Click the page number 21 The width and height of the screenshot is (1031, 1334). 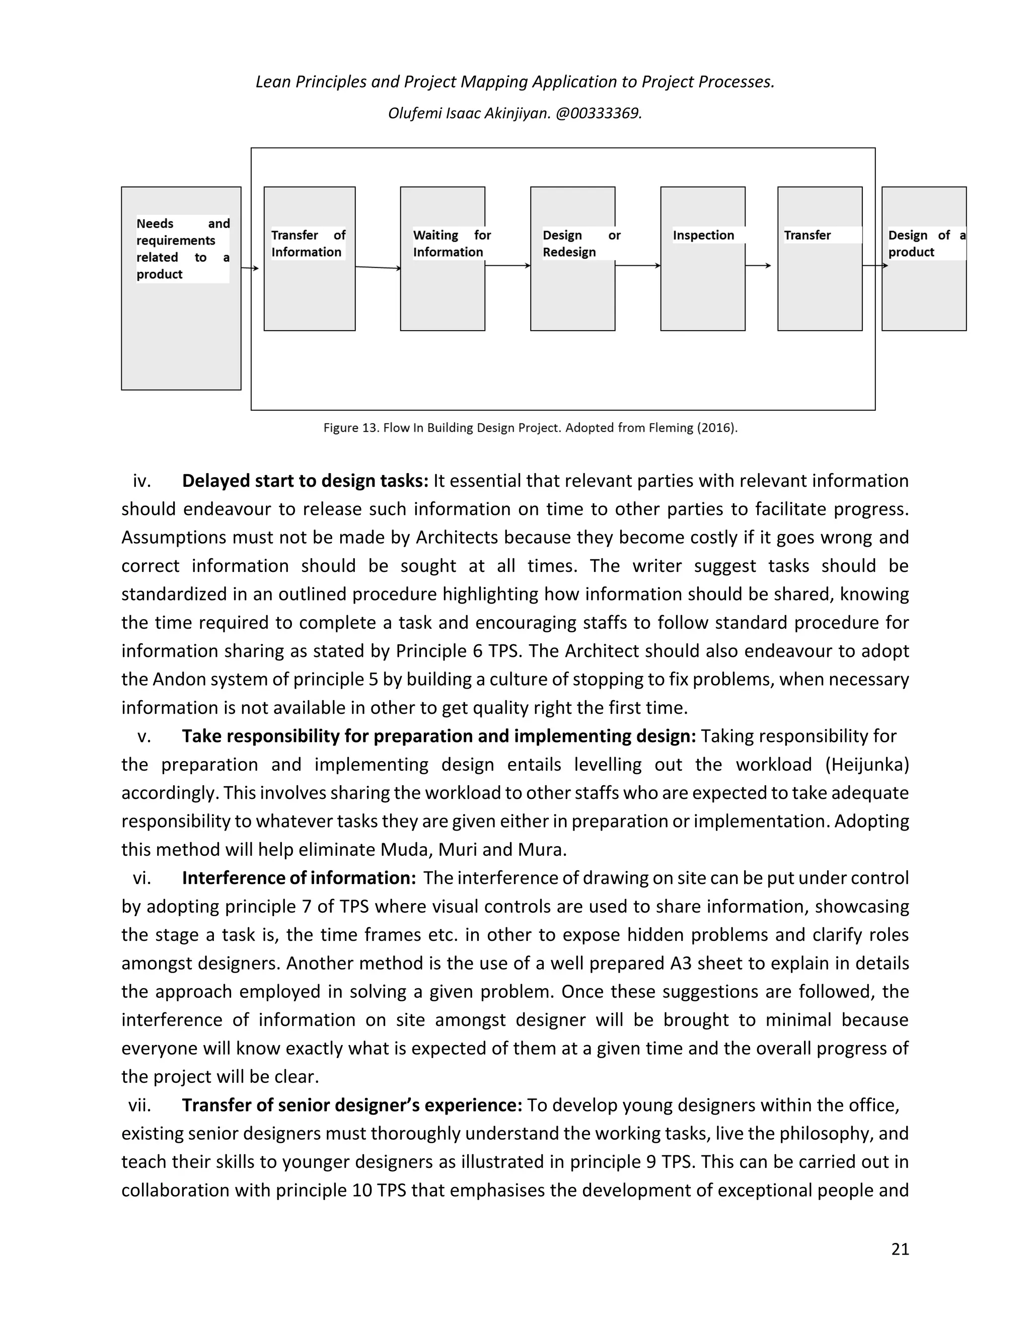[x=900, y=1249]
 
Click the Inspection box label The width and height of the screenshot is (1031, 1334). [x=703, y=235]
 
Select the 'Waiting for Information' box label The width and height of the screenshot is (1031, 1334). [x=452, y=244]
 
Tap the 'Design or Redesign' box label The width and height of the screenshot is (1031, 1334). [x=581, y=244]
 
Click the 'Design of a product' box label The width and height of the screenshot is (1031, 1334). [x=926, y=244]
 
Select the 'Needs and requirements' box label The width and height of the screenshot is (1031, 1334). [x=183, y=249]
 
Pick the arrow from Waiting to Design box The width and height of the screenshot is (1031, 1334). [x=507, y=266]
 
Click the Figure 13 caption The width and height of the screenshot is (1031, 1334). [x=530, y=427]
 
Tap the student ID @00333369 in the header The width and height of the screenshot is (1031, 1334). [x=598, y=114]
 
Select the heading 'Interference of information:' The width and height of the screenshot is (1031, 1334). [x=299, y=878]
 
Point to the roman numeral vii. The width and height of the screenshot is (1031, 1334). [x=139, y=1105]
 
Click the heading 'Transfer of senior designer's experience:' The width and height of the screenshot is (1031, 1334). [x=352, y=1105]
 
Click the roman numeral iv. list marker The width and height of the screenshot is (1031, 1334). [x=141, y=481]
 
